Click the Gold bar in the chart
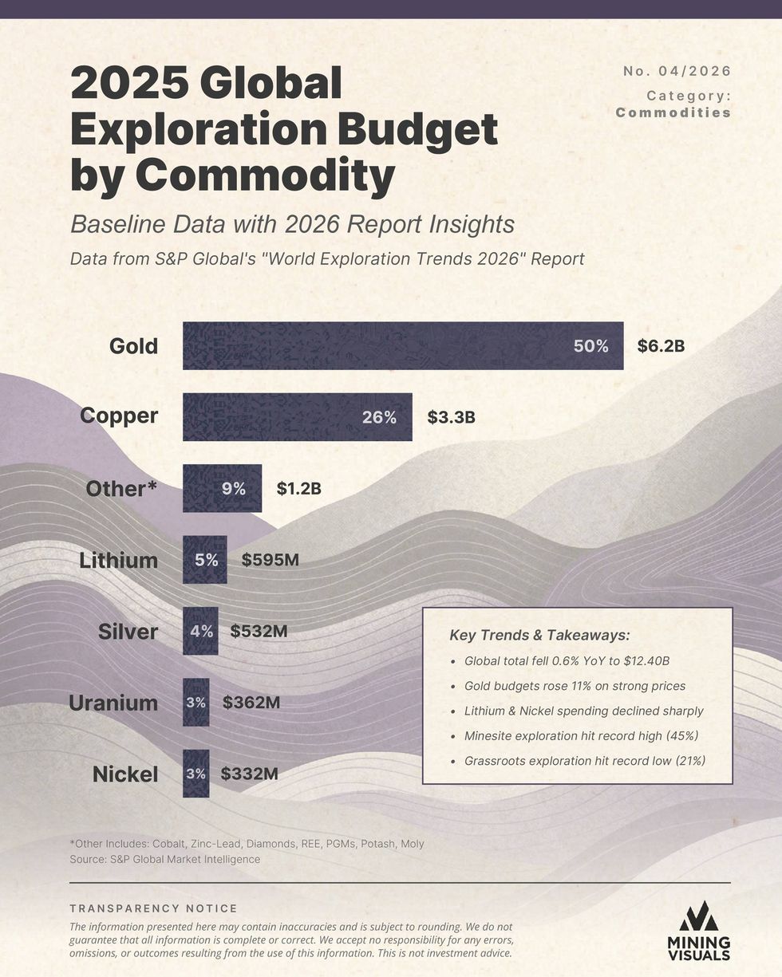pos(402,345)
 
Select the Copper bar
pos(297,416)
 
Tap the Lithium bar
pos(204,560)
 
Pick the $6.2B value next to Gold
pos(661,346)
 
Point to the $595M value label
pos(271,560)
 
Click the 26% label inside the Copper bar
pos(379,417)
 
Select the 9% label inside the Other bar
pos(234,488)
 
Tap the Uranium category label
pos(113,703)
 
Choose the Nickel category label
pos(125,774)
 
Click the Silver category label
pos(128,632)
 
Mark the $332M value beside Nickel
pos(250,774)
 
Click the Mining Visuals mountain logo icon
pos(698,916)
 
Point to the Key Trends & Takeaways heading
pos(539,635)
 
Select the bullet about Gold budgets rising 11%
pos(575,686)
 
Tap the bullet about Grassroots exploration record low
pos(585,761)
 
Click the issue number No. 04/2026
pos(677,71)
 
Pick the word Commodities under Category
pos(673,112)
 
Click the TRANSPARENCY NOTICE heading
pos(153,908)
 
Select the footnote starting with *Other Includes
pos(247,844)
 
